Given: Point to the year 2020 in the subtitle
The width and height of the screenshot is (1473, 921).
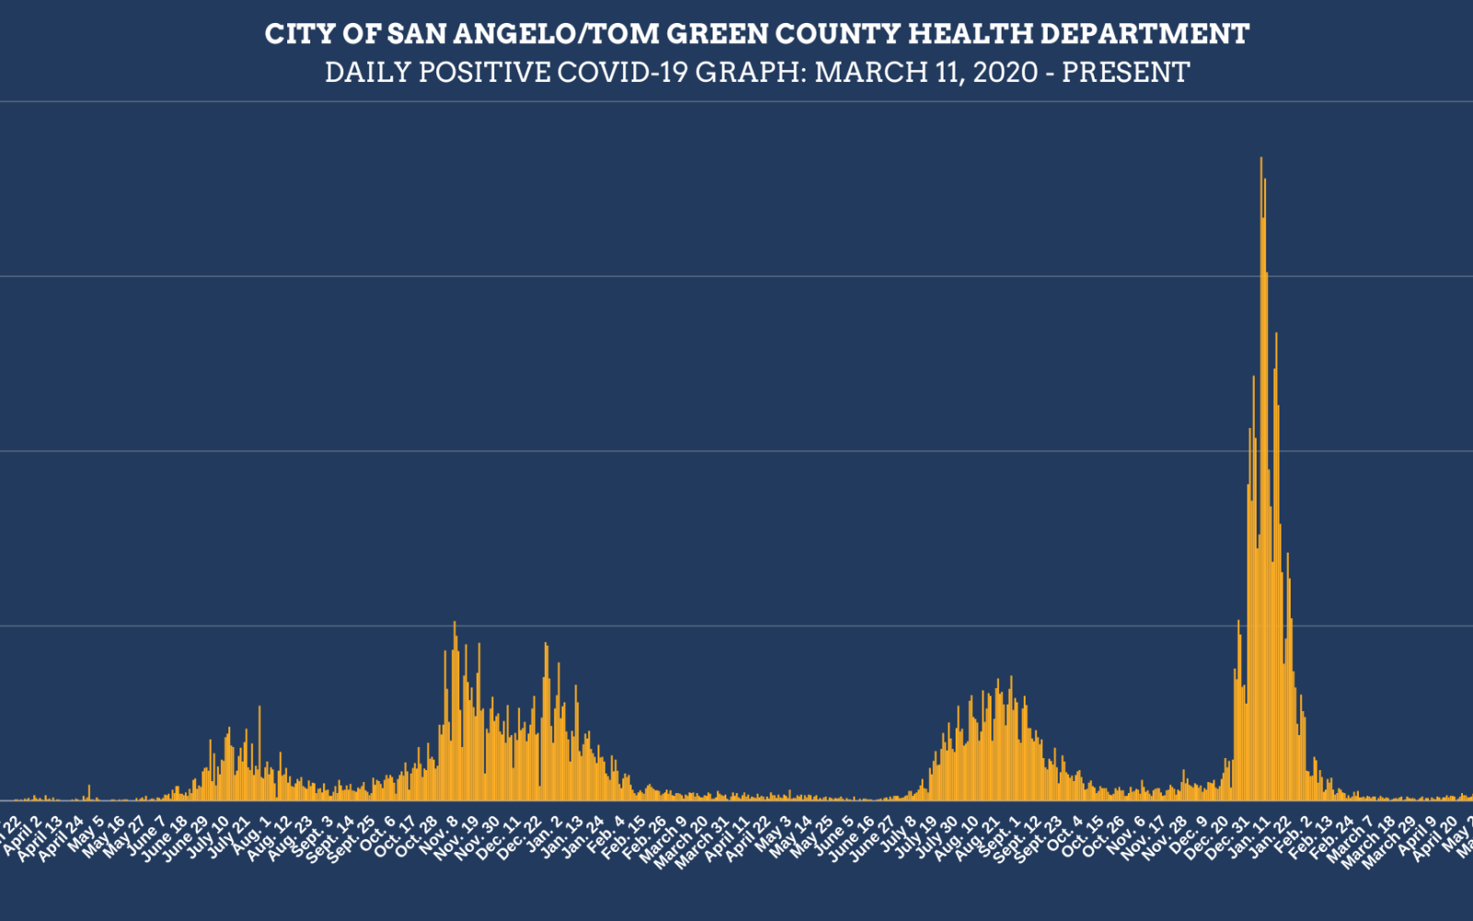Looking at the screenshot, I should (1005, 72).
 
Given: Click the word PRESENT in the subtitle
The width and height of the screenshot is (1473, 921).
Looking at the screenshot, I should (1126, 72).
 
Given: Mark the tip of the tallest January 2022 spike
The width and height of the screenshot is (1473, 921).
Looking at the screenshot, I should (1260, 159).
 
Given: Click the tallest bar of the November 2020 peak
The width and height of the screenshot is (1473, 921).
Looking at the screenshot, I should (455, 624).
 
